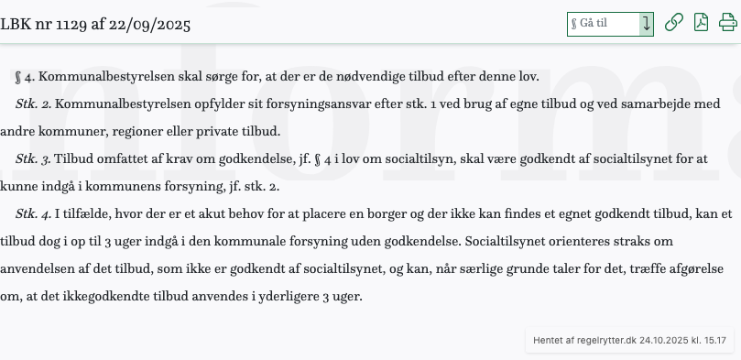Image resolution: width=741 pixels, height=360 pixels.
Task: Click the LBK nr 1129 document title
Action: click(x=95, y=24)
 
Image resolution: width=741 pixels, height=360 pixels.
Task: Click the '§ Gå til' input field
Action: click(x=603, y=24)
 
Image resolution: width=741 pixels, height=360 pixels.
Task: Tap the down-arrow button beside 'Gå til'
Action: click(x=647, y=24)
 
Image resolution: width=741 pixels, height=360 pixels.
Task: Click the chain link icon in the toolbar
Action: click(x=673, y=23)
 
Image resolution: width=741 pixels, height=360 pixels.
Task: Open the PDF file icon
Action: click(x=701, y=23)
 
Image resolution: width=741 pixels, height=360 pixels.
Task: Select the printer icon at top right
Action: click(x=728, y=23)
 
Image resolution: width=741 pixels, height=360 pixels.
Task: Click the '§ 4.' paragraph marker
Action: click(x=25, y=77)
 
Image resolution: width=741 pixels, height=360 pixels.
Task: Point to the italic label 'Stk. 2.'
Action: click(x=33, y=104)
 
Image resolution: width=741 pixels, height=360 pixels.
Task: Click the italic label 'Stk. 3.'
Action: click(x=33, y=158)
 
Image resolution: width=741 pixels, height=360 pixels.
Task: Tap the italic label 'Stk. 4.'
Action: click(x=33, y=213)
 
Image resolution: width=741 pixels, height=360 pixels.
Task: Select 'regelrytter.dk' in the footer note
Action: click(x=605, y=340)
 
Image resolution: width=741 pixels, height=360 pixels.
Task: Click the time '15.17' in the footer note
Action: click(x=715, y=340)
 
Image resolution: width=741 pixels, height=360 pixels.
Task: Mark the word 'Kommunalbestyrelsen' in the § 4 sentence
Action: click(x=99, y=77)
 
